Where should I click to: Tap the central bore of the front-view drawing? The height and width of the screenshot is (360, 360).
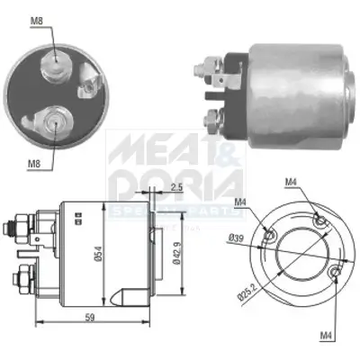point(296,242)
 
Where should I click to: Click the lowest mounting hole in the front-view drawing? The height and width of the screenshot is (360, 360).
point(334,271)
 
